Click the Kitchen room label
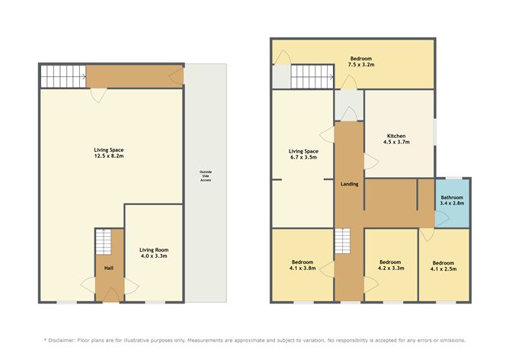pyautogui.click(x=396, y=139)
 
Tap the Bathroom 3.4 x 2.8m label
pyautogui.click(x=452, y=201)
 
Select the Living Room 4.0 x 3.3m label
pyautogui.click(x=154, y=252)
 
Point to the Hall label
pyautogui.click(x=109, y=268)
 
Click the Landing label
pyautogui.click(x=349, y=184)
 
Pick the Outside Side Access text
pyautogui.click(x=206, y=175)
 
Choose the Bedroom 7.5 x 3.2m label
pyautogui.click(x=361, y=62)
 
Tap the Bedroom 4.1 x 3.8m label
pyautogui.click(x=303, y=265)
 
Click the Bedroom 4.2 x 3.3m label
pyautogui.click(x=391, y=265)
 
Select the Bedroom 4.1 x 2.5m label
pyautogui.click(x=443, y=265)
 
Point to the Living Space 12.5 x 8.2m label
pyautogui.click(x=109, y=153)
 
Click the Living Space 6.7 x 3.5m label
pyautogui.click(x=303, y=154)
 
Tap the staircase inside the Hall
pyautogui.click(x=104, y=242)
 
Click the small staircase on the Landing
pyautogui.click(x=343, y=241)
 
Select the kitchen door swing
pyautogui.click(x=371, y=161)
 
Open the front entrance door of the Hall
pyautogui.click(x=111, y=295)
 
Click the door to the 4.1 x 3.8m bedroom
pyautogui.click(x=327, y=269)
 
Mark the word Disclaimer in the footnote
pyautogui.click(x=62, y=340)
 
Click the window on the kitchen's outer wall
pyautogui.click(x=435, y=131)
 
